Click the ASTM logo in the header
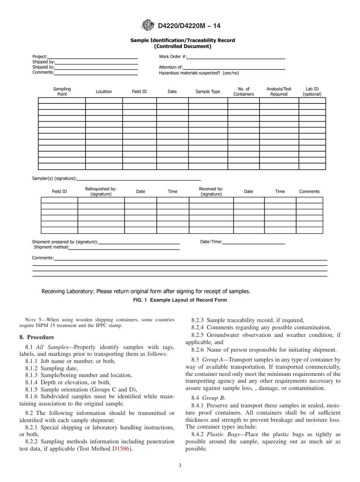pyautogui.click(x=148, y=25)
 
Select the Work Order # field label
pyautogui.click(x=172, y=57)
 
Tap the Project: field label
pyautogui.click(x=40, y=57)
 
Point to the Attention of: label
pyautogui.click(x=171, y=67)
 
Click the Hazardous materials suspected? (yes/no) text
pyautogui.click(x=199, y=73)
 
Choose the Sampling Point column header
pyautogui.click(x=62, y=92)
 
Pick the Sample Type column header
pyautogui.click(x=208, y=92)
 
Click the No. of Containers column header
pyautogui.click(x=243, y=92)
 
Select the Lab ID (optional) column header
pyautogui.click(x=312, y=92)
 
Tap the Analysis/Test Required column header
pyautogui.click(x=279, y=92)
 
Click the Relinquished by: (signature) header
pyautogui.click(x=101, y=191)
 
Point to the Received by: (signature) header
pyautogui.click(x=211, y=191)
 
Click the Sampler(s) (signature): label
pyautogui.click(x=54, y=178)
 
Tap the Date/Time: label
pyautogui.click(x=211, y=242)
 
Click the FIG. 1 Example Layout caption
pyautogui.click(x=180, y=300)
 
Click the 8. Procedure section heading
pyautogui.click(x=37, y=337)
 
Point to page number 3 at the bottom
pyautogui.click(x=180, y=466)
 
